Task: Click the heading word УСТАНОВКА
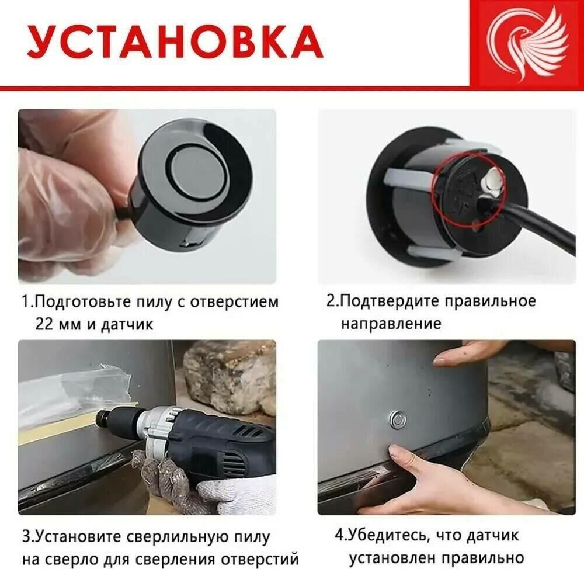pyautogui.click(x=175, y=41)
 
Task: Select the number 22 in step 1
pyautogui.click(x=44, y=324)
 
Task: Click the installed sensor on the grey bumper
pyautogui.click(x=397, y=419)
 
